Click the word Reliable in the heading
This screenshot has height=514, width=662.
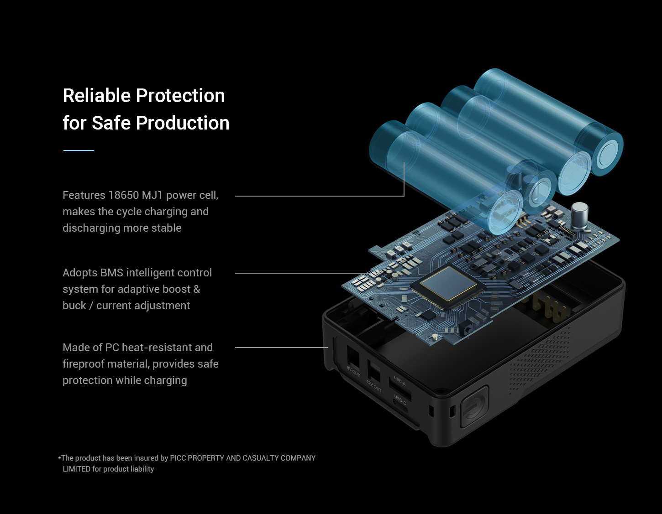(x=97, y=96)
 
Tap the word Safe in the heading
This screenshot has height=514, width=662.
(x=111, y=123)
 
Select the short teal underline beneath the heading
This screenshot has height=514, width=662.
(x=79, y=151)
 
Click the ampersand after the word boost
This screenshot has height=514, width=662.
(x=197, y=289)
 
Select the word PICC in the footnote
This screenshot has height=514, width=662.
(x=178, y=458)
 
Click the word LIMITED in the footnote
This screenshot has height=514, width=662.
(x=76, y=469)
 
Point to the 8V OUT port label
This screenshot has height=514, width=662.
(x=353, y=371)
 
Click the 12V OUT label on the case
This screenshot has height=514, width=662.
(x=374, y=386)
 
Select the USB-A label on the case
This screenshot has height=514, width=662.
(x=399, y=381)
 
